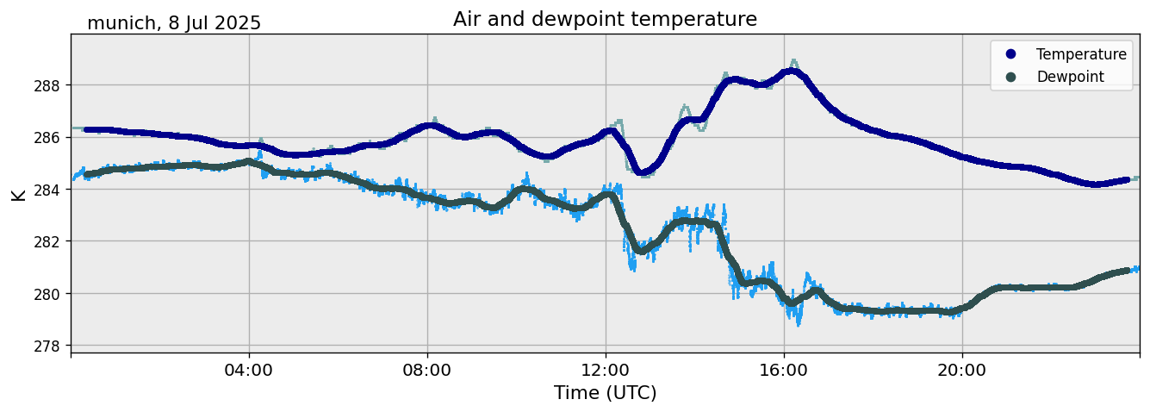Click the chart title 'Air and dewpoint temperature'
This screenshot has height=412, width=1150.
pyautogui.click(x=605, y=19)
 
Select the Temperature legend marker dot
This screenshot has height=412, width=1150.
pyautogui.click(x=1010, y=54)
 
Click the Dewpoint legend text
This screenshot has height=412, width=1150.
pyautogui.click(x=1070, y=77)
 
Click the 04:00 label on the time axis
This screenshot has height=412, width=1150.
pyautogui.click(x=249, y=371)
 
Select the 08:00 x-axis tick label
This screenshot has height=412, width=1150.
pyautogui.click(x=427, y=371)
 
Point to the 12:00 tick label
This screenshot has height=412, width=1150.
pyautogui.click(x=606, y=371)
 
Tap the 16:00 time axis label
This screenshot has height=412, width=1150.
pyautogui.click(x=784, y=371)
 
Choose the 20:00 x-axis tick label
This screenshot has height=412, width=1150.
pyautogui.click(x=962, y=371)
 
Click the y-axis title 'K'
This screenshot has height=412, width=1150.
pyautogui.click(x=18, y=194)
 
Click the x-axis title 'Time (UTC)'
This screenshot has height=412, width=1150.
pyautogui.click(x=605, y=393)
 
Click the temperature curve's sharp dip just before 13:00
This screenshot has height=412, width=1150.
pyautogui.click(x=642, y=172)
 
